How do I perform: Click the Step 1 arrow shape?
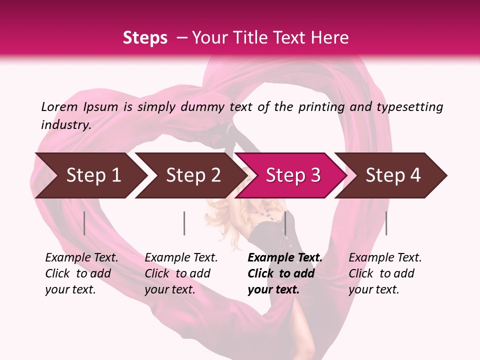pyautogui.click(x=87, y=175)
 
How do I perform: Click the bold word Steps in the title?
pyautogui.click(x=145, y=37)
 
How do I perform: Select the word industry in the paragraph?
pyautogui.click(x=65, y=124)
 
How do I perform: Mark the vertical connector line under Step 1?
pyautogui.click(x=84, y=223)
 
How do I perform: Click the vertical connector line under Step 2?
pyautogui.click(x=184, y=223)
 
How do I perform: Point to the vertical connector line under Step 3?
pyautogui.click(x=285, y=223)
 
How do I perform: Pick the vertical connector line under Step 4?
pyautogui.click(x=386, y=223)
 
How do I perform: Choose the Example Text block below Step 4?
pyautogui.click(x=385, y=273)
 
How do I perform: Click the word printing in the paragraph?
pyautogui.click(x=321, y=107)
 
